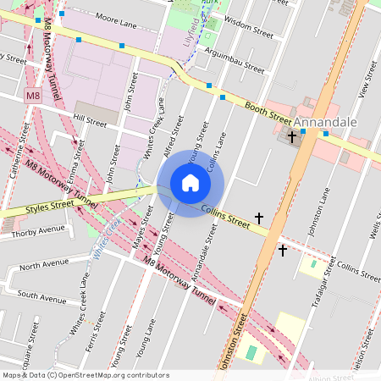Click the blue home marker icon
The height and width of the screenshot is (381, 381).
click(190, 183)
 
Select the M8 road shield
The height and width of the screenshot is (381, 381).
click(33, 97)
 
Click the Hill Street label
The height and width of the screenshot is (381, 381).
click(91, 123)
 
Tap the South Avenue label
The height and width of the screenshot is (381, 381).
click(41, 298)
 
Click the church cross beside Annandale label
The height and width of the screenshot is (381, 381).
click(292, 135)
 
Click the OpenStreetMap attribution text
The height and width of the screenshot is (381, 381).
click(85, 375)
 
